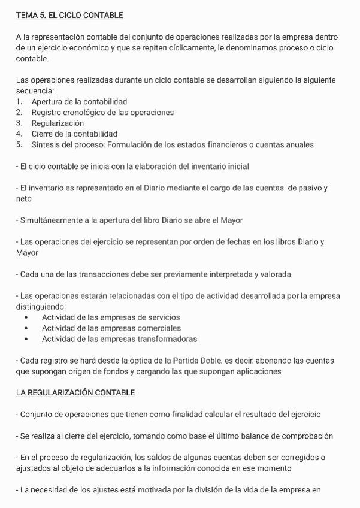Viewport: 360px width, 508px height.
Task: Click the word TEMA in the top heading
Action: [x=27, y=15]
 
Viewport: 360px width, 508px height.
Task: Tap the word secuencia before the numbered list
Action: [x=34, y=91]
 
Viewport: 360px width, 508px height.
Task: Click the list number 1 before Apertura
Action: [x=19, y=102]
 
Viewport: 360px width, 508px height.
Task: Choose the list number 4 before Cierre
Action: [x=19, y=134]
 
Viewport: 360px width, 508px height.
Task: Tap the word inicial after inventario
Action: [x=236, y=167]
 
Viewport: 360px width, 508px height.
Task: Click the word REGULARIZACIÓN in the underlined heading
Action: [x=60, y=393]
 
